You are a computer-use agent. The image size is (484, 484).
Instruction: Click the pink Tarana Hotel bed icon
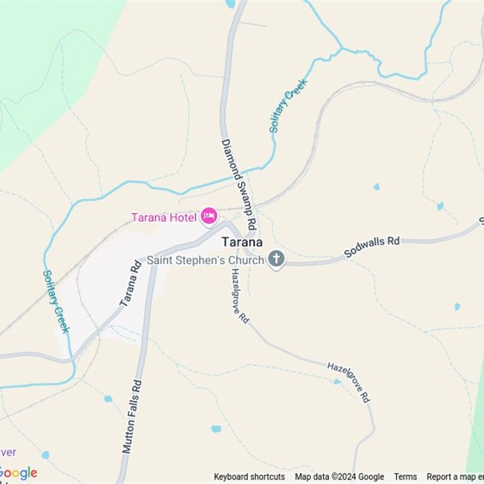pyautogui.click(x=209, y=216)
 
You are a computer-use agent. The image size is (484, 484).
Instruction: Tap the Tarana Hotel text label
pyautogui.click(x=164, y=218)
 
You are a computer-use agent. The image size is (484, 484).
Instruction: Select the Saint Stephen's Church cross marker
pyautogui.click(x=276, y=259)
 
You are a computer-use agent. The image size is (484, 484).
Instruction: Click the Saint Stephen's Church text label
pyautogui.click(x=206, y=260)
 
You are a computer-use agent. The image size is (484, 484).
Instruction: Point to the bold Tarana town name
pyautogui.click(x=242, y=242)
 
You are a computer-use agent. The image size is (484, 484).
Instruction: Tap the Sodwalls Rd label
pyautogui.click(x=372, y=247)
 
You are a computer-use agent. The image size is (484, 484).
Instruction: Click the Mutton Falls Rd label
pyautogui.click(x=131, y=416)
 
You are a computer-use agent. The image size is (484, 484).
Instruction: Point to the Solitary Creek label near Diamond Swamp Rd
pyautogui.click(x=289, y=106)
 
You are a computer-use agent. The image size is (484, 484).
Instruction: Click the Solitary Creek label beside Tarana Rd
pyautogui.click(x=56, y=301)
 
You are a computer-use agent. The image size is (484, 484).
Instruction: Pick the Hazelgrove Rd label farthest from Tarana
pyautogui.click(x=348, y=382)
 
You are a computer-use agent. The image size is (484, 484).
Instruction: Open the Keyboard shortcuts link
pyautogui.click(x=249, y=477)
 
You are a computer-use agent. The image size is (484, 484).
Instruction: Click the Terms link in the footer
pyautogui.click(x=405, y=477)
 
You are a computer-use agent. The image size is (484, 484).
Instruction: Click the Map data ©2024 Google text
pyautogui.click(x=339, y=477)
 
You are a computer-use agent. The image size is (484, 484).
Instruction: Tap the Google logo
pyautogui.click(x=18, y=473)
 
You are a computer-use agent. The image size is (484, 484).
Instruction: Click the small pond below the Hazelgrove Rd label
pyautogui.click(x=337, y=382)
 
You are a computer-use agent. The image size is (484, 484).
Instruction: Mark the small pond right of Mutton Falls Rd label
pyautogui.click(x=216, y=429)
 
